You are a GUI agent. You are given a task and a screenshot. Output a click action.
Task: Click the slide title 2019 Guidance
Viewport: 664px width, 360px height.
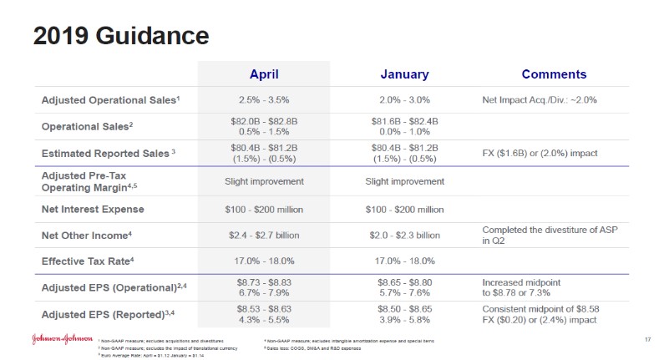pyautogui.click(x=120, y=36)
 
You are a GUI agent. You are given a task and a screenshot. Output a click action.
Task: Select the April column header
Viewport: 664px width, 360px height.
pyautogui.click(x=264, y=74)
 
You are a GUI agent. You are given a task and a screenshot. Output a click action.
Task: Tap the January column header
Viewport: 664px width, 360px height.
pyautogui.click(x=404, y=74)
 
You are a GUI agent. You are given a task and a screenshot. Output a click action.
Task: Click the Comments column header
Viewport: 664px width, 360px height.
pyautogui.click(x=554, y=74)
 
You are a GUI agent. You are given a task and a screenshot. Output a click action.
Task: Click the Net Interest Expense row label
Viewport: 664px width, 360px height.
pyautogui.click(x=93, y=209)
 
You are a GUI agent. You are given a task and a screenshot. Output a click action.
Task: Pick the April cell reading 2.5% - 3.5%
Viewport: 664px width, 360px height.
pyautogui.click(x=264, y=100)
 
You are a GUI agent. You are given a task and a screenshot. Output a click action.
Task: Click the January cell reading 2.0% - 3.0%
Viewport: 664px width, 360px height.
pyautogui.click(x=404, y=100)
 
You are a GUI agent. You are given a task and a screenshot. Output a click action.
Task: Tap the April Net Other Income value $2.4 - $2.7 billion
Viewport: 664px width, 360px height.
pyautogui.click(x=264, y=235)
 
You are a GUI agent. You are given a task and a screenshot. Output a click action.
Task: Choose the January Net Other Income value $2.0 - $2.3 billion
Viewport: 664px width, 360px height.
pyautogui.click(x=404, y=235)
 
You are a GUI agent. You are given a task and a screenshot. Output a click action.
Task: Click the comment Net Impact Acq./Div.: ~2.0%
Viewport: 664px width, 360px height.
pyautogui.click(x=540, y=100)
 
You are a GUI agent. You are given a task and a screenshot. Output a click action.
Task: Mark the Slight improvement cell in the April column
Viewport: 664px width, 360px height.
pyautogui.click(x=264, y=181)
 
